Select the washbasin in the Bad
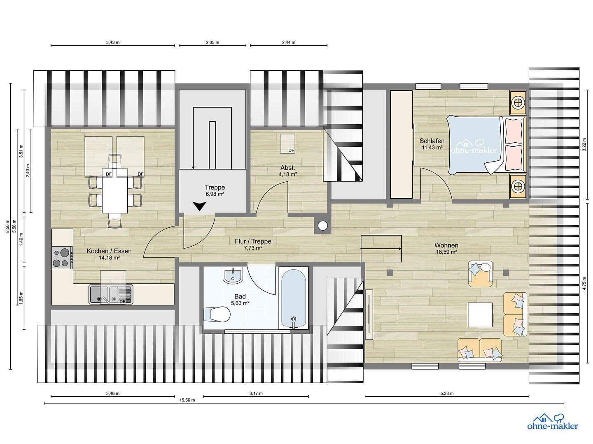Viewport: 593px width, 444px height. click(233, 275)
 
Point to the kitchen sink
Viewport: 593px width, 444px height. click(110, 294)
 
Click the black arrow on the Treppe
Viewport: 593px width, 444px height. click(200, 206)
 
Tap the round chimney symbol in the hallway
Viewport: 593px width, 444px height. click(322, 226)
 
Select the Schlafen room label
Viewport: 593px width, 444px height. click(432, 141)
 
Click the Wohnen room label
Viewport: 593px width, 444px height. click(446, 245)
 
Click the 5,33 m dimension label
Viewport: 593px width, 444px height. click(446, 393)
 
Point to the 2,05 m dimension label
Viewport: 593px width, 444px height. click(212, 42)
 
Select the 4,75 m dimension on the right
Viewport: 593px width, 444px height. click(584, 283)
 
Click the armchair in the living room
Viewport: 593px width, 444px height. click(481, 274)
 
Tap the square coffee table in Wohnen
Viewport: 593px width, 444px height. click(480, 314)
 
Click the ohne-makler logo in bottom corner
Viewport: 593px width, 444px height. click(552, 422)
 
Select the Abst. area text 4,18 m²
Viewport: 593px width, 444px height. click(288, 174)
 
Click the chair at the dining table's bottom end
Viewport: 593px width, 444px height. click(115, 222)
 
